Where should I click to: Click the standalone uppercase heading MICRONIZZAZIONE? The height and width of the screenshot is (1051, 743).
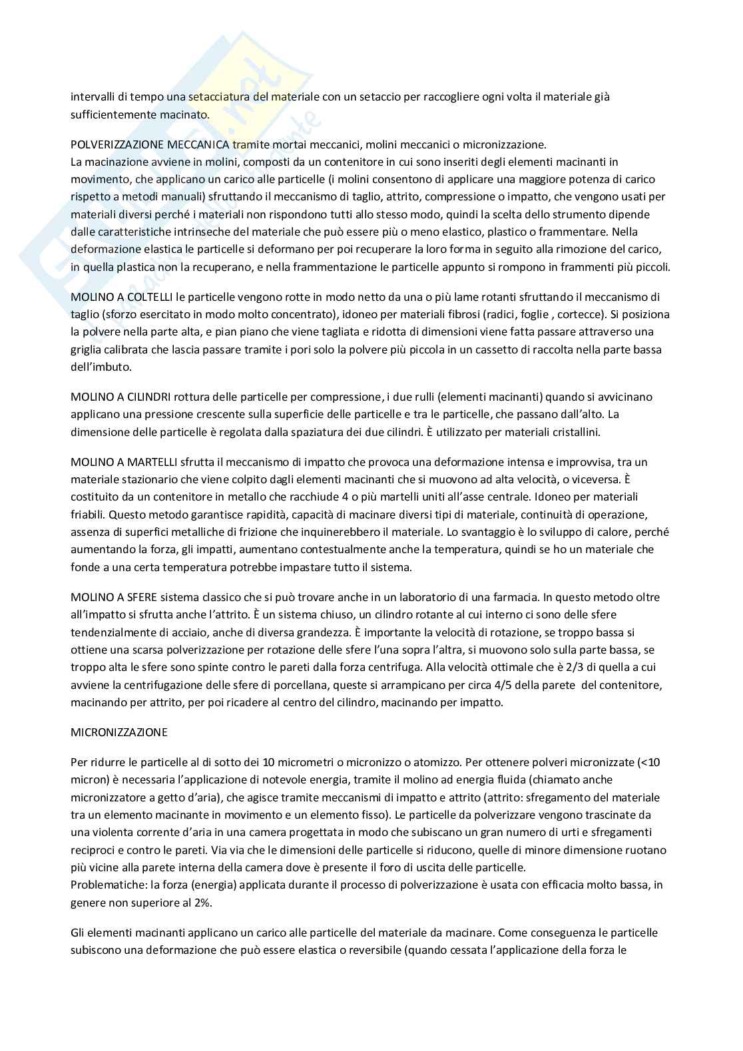(119, 732)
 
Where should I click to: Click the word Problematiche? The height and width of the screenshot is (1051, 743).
(102, 885)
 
